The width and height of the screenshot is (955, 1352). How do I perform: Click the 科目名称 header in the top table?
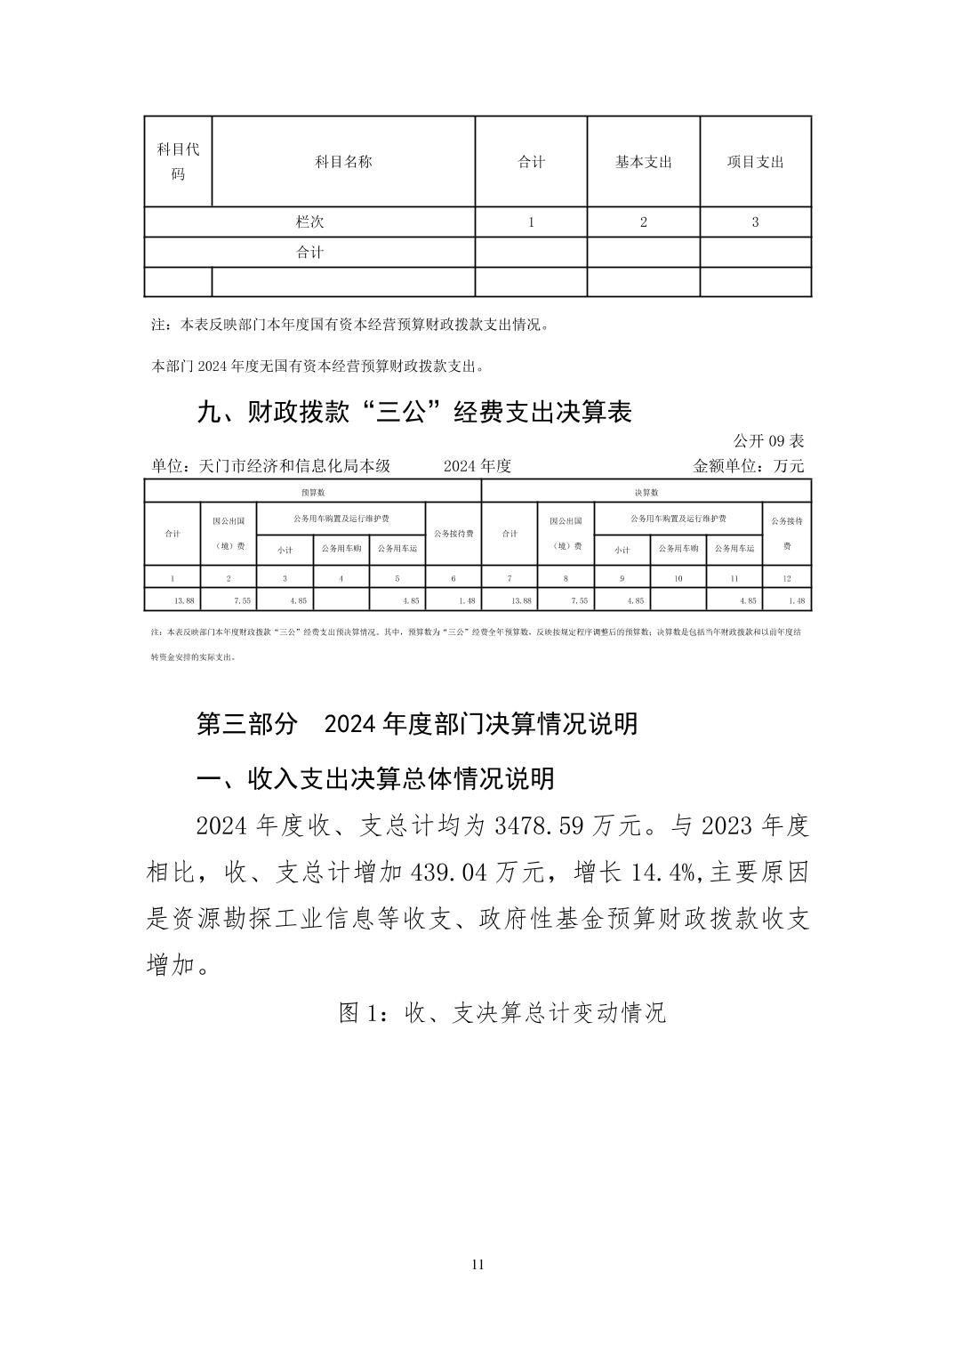[x=343, y=162]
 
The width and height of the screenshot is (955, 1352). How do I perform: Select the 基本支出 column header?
[x=643, y=162]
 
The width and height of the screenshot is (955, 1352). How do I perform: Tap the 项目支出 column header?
[x=755, y=162]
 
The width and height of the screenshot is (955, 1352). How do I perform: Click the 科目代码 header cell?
[x=178, y=161]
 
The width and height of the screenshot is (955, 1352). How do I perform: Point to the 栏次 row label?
[x=309, y=222]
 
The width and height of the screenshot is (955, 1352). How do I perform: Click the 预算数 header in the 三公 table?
[x=312, y=492]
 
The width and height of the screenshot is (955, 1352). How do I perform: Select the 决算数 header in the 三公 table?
[x=646, y=492]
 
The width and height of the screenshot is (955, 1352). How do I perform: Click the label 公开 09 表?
[x=768, y=441]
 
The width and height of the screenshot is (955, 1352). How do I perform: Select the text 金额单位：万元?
[x=748, y=466]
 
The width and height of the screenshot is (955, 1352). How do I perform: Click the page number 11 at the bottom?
[x=477, y=1265]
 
